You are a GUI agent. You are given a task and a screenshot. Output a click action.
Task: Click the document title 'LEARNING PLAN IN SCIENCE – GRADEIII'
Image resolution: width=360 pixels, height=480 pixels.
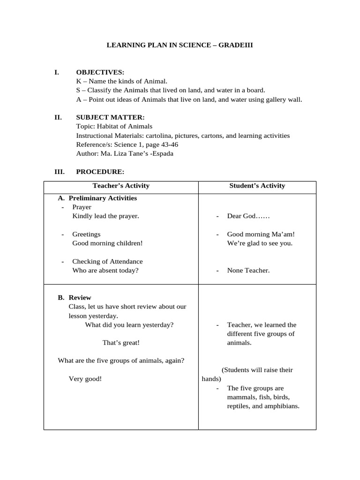click(180, 45)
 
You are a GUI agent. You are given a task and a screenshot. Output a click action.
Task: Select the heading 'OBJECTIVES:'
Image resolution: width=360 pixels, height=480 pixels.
click(100, 72)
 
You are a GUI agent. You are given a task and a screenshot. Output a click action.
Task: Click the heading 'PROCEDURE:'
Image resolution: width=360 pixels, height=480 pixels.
click(100, 172)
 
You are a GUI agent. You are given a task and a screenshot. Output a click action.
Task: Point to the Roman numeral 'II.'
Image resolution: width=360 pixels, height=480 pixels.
click(58, 117)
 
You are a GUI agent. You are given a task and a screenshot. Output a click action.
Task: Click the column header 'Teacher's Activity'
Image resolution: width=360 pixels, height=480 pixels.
click(121, 186)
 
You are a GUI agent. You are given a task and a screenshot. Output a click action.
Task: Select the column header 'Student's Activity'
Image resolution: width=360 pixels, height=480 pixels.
click(257, 186)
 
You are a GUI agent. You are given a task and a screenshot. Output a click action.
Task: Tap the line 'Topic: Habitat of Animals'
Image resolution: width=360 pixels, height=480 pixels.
click(114, 127)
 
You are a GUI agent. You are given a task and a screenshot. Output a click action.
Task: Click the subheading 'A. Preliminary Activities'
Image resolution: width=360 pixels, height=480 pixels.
click(97, 198)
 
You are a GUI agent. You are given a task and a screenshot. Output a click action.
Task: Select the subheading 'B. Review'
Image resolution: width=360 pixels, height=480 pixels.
click(75, 298)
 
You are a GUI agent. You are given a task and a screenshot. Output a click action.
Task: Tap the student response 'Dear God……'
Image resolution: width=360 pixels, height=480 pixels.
click(248, 216)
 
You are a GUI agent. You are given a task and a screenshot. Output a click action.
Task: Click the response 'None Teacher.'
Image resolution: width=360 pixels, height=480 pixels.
click(248, 270)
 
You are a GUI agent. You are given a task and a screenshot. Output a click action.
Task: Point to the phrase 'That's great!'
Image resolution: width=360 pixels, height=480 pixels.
click(121, 343)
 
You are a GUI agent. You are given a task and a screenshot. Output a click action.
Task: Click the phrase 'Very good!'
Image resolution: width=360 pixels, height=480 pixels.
click(85, 379)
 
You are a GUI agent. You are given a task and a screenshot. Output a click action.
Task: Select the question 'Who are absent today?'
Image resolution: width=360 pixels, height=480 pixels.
click(105, 270)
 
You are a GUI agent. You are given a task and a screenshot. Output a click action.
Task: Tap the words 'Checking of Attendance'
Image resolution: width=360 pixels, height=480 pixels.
click(107, 262)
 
